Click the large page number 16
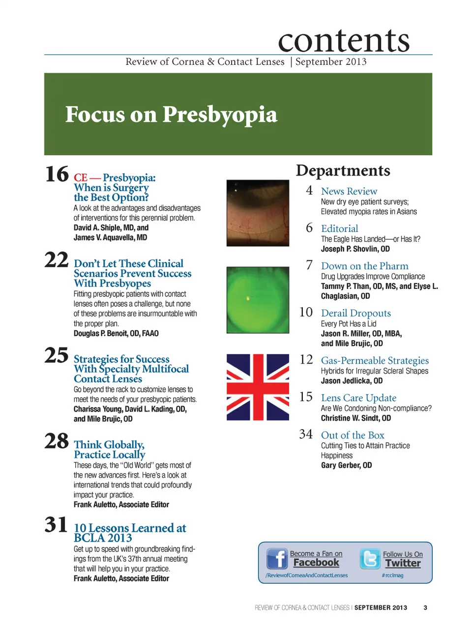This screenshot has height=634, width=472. click(57, 174)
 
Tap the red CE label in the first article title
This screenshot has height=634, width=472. click(81, 178)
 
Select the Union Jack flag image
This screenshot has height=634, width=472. click(258, 387)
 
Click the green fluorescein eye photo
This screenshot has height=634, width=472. click(258, 300)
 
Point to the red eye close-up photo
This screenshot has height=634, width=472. click(258, 213)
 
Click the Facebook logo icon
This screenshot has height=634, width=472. click(277, 559)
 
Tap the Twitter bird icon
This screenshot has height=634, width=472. click(370, 559)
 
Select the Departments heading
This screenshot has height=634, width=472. click(343, 171)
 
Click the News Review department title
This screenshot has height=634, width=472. click(349, 191)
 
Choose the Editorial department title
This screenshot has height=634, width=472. click(339, 229)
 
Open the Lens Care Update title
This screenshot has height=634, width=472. click(358, 398)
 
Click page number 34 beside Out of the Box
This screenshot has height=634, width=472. click(306, 434)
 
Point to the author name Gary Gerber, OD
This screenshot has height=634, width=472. click(346, 465)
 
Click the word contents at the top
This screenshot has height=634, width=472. click(344, 40)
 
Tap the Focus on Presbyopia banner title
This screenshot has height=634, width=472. click(171, 115)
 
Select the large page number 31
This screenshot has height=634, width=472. click(56, 525)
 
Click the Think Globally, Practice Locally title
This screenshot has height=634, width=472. click(109, 450)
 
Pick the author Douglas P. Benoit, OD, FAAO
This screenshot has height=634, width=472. click(116, 333)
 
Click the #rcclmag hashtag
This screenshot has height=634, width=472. click(392, 575)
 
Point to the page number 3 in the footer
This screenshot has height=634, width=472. click(425, 607)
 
